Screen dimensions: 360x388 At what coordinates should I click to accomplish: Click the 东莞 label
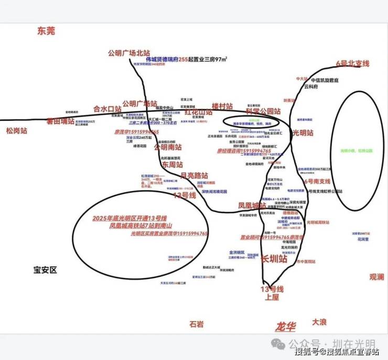pyautogui.click(x=46, y=31)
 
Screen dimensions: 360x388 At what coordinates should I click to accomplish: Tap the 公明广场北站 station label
pyautogui.click(x=129, y=53)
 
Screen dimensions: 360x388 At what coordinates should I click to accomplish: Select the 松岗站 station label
pyautogui.click(x=16, y=130)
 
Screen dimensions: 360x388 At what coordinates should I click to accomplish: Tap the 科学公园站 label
pyautogui.click(x=263, y=111)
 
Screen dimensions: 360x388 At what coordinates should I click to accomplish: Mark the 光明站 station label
pyautogui.click(x=303, y=133)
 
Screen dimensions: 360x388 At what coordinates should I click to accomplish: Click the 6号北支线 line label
pyautogui.click(x=352, y=64)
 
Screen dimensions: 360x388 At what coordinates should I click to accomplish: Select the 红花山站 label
pyautogui.click(x=198, y=112)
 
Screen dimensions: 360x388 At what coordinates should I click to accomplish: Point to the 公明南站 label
pyautogui.click(x=168, y=147)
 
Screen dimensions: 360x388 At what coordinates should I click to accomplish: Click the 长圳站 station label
pyautogui.click(x=274, y=259)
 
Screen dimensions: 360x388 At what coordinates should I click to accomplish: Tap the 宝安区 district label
pyautogui.click(x=45, y=270)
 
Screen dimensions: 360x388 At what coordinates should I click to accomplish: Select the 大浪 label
pyautogui.click(x=319, y=321)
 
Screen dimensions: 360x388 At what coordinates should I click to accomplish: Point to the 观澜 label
pyautogui.click(x=376, y=277)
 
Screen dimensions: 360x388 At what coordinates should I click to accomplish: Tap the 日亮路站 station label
pyautogui.click(x=194, y=175)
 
